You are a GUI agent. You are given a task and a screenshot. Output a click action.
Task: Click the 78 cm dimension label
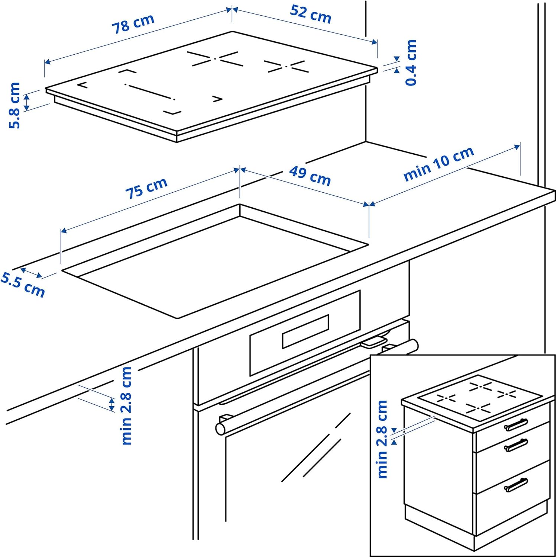133,23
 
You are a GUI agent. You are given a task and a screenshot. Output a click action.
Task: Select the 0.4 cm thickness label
411,62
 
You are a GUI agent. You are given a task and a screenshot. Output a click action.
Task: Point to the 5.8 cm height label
14,105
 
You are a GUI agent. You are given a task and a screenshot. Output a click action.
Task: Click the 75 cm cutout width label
146,188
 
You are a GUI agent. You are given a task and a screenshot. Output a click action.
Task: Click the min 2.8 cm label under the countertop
126,405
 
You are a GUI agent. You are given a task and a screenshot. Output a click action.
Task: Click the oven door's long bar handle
316,387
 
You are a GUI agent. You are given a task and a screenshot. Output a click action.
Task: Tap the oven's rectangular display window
305,331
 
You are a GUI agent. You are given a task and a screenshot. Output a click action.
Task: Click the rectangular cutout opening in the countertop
215,260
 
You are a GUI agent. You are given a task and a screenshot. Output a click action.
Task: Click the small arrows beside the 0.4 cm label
396,64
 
